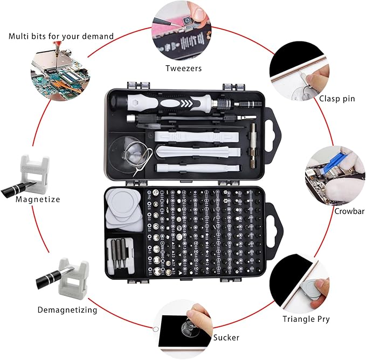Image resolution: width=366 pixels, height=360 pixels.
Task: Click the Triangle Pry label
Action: [306, 319]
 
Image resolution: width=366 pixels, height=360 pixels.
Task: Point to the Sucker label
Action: [226, 337]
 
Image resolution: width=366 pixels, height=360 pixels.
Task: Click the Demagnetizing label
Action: [67, 310]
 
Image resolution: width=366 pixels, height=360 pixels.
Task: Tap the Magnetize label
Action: [38, 199]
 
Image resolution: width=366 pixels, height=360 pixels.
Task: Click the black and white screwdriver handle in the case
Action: [178, 101]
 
